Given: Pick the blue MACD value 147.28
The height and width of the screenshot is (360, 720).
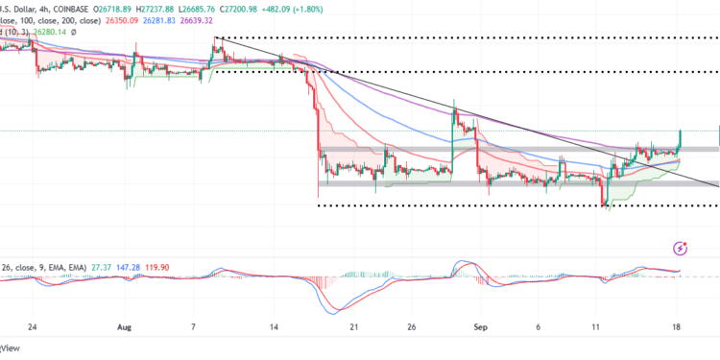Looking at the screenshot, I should coord(80,266).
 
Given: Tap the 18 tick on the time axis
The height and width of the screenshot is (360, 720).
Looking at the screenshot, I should coord(678,325).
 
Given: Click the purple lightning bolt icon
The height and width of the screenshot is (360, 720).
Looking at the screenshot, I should coord(681,248).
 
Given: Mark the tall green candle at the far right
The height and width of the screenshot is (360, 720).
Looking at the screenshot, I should coord(680,139).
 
